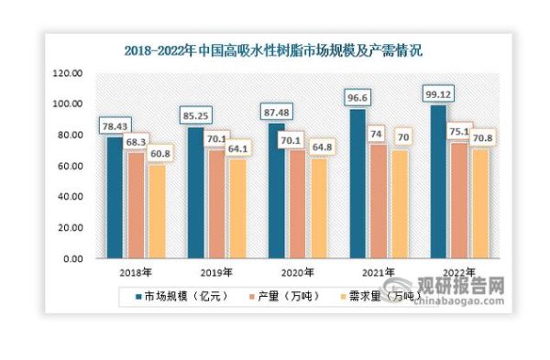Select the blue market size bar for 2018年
coord(115,197)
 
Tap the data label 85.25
coord(196,116)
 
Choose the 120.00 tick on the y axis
coord(69,73)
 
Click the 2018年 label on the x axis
coord(136,272)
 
